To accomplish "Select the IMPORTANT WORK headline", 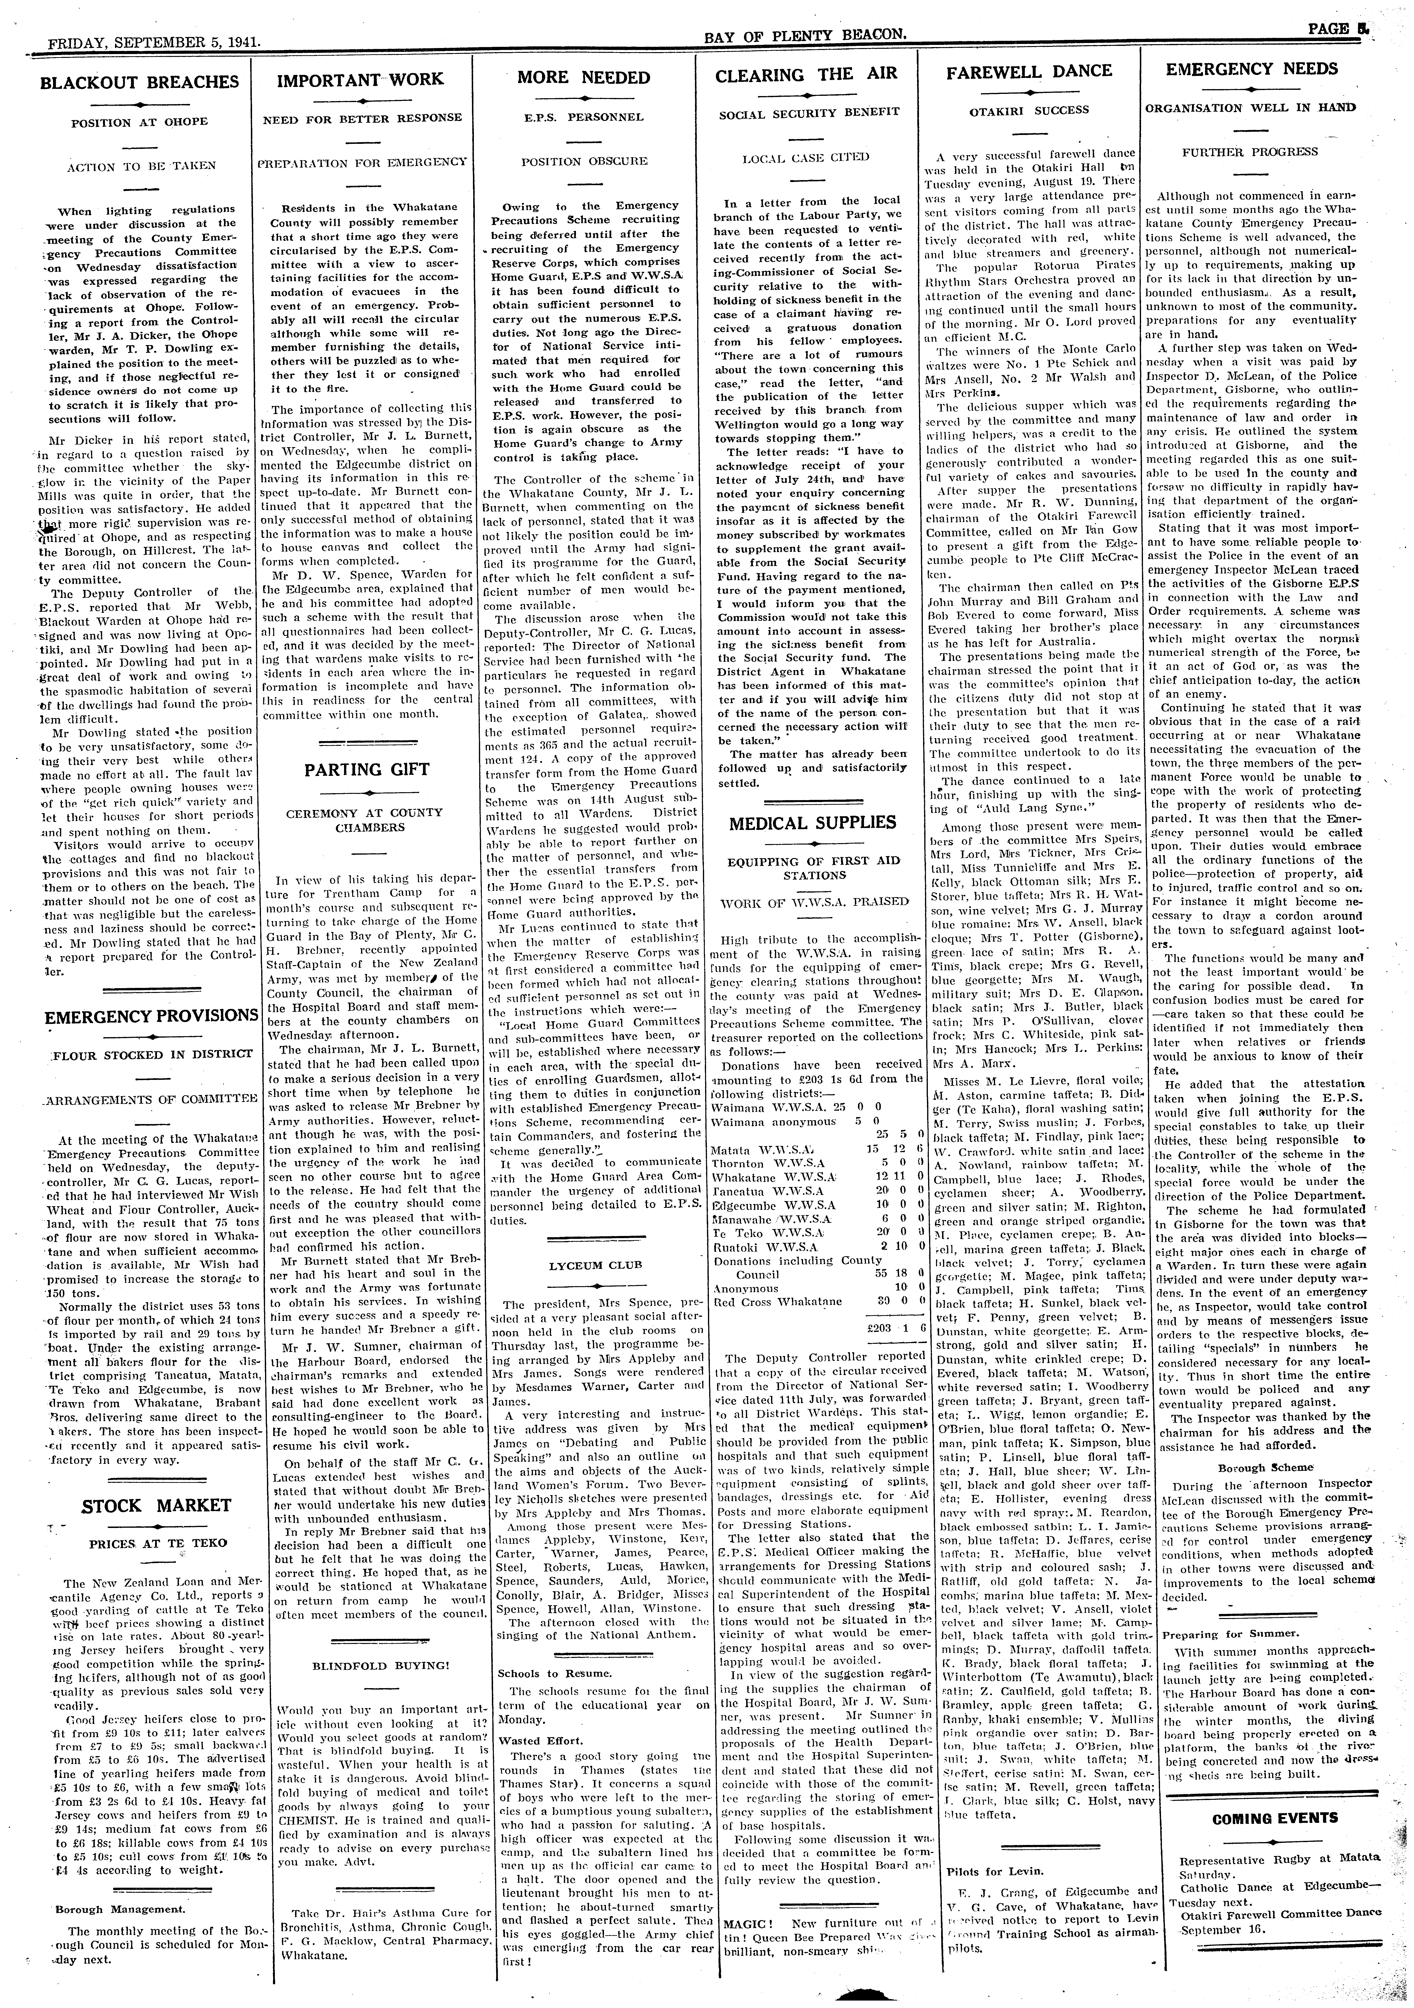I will pos(360,79).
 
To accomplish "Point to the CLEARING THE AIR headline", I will pos(806,75).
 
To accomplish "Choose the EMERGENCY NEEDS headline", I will pos(1252,69).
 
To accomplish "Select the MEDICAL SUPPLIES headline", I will pos(812,822).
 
